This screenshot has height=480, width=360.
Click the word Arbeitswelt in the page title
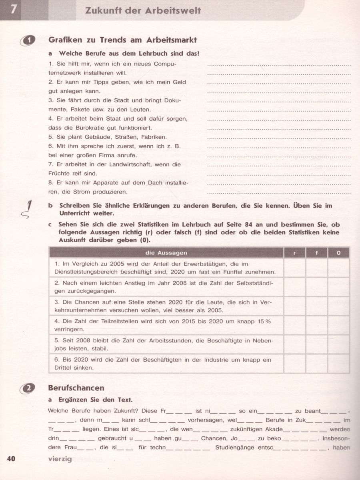click(176, 10)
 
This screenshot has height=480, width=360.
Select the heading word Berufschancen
click(76, 388)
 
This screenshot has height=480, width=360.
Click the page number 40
click(11, 458)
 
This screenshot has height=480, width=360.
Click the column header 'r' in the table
click(294, 253)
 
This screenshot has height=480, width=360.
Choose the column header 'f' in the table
click(316, 253)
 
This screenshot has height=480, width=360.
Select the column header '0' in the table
click(338, 253)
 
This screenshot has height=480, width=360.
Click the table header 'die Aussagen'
click(166, 253)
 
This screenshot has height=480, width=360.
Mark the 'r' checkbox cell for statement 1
click(294, 268)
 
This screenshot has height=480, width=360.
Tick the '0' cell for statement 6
click(338, 363)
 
